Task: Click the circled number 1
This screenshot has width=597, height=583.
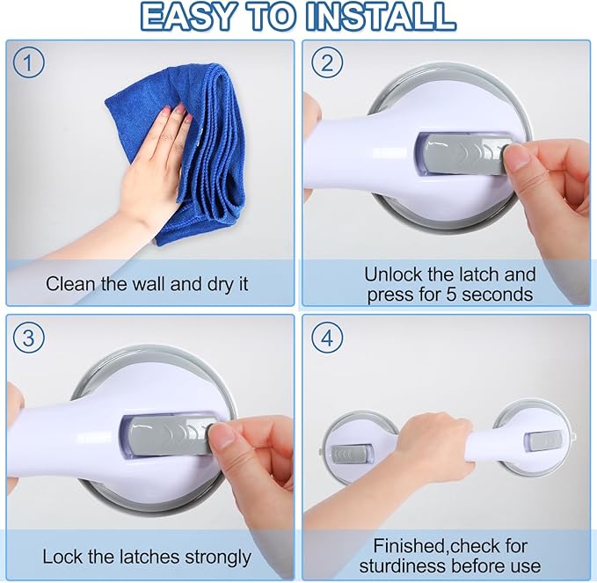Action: pyautogui.click(x=28, y=62)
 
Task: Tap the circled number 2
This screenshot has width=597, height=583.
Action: pyautogui.click(x=327, y=62)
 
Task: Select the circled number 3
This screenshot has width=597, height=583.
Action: pyautogui.click(x=28, y=338)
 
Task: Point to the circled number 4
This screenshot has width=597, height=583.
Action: pyautogui.click(x=327, y=338)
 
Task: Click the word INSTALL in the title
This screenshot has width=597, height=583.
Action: pyautogui.click(x=381, y=17)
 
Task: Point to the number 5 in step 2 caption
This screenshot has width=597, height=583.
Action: pyautogui.click(x=451, y=295)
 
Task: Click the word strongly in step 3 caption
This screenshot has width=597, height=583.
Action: pyautogui.click(x=218, y=558)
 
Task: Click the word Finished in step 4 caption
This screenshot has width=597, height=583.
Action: pyautogui.click(x=409, y=546)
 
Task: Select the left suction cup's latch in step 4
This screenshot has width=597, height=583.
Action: pyautogui.click(x=350, y=455)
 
